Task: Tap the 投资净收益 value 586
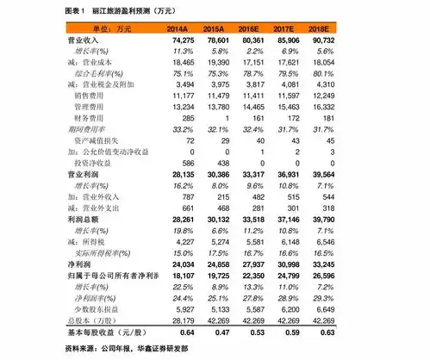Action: [x=184, y=162]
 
